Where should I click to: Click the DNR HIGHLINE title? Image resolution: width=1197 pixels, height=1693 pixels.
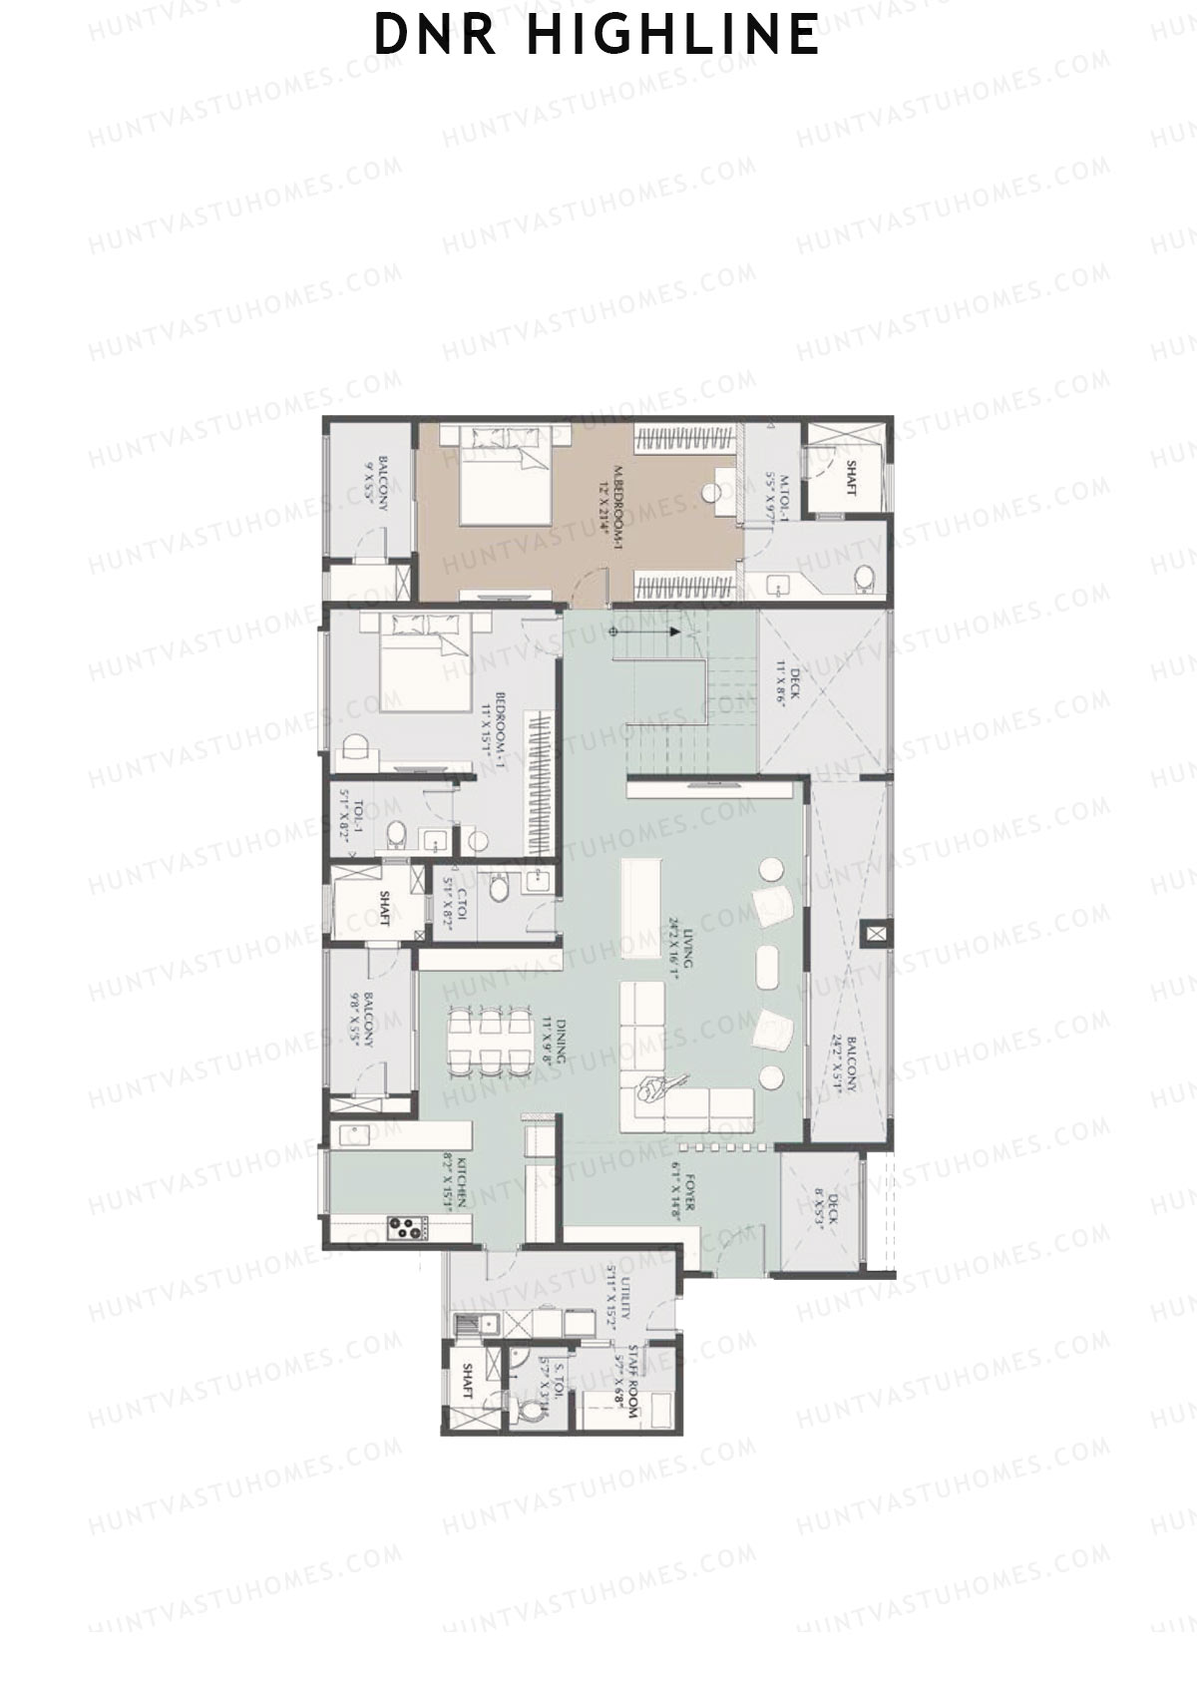[597, 34]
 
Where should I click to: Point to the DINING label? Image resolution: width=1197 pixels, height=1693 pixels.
[554, 1043]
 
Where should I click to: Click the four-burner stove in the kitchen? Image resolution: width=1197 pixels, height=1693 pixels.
[404, 1226]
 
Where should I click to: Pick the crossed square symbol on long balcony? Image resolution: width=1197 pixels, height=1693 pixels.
[875, 934]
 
